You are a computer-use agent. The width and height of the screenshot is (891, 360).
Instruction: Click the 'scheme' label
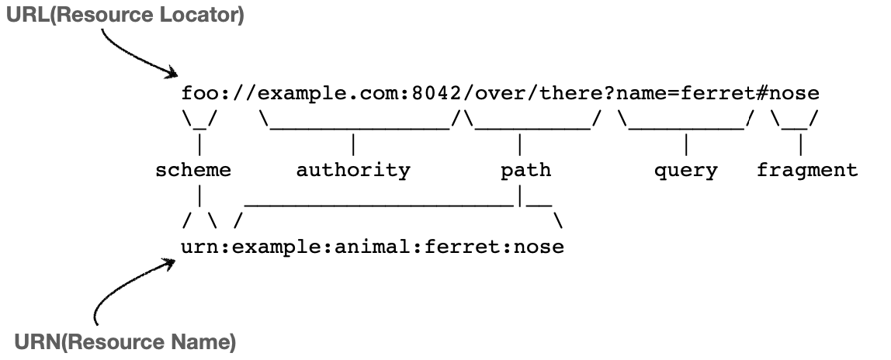tap(194, 171)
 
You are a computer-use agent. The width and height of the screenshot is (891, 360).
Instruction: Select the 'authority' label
tap(353, 171)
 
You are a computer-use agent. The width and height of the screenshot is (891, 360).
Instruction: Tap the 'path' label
tap(525, 171)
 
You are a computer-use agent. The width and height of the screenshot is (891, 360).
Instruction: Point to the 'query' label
tap(686, 171)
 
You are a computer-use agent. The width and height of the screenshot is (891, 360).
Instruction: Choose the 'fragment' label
tap(807, 171)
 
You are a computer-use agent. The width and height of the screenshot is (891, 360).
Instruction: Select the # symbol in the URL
tap(762, 95)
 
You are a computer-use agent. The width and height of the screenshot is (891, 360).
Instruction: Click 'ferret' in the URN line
tap(466, 248)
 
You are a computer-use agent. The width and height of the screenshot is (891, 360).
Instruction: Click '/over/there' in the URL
tap(533, 95)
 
